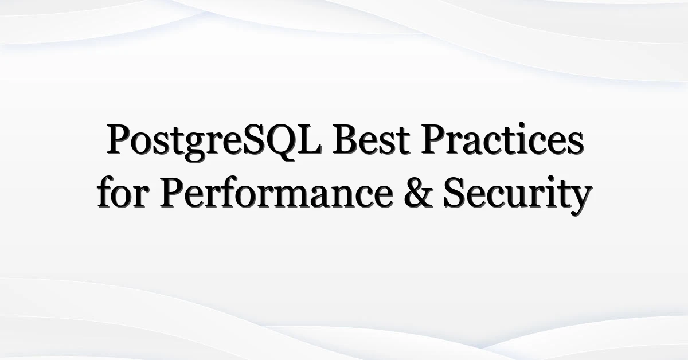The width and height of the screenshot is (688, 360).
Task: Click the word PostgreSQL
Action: pos(214,142)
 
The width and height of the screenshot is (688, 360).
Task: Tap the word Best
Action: pos(371,139)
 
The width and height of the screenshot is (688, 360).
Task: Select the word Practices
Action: pos(502,139)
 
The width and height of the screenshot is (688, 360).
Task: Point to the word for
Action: pos(123,191)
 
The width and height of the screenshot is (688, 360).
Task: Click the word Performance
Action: pos(276,192)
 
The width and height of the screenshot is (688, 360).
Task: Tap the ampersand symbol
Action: pos(419,193)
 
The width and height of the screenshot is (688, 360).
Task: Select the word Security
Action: pos(517,195)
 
